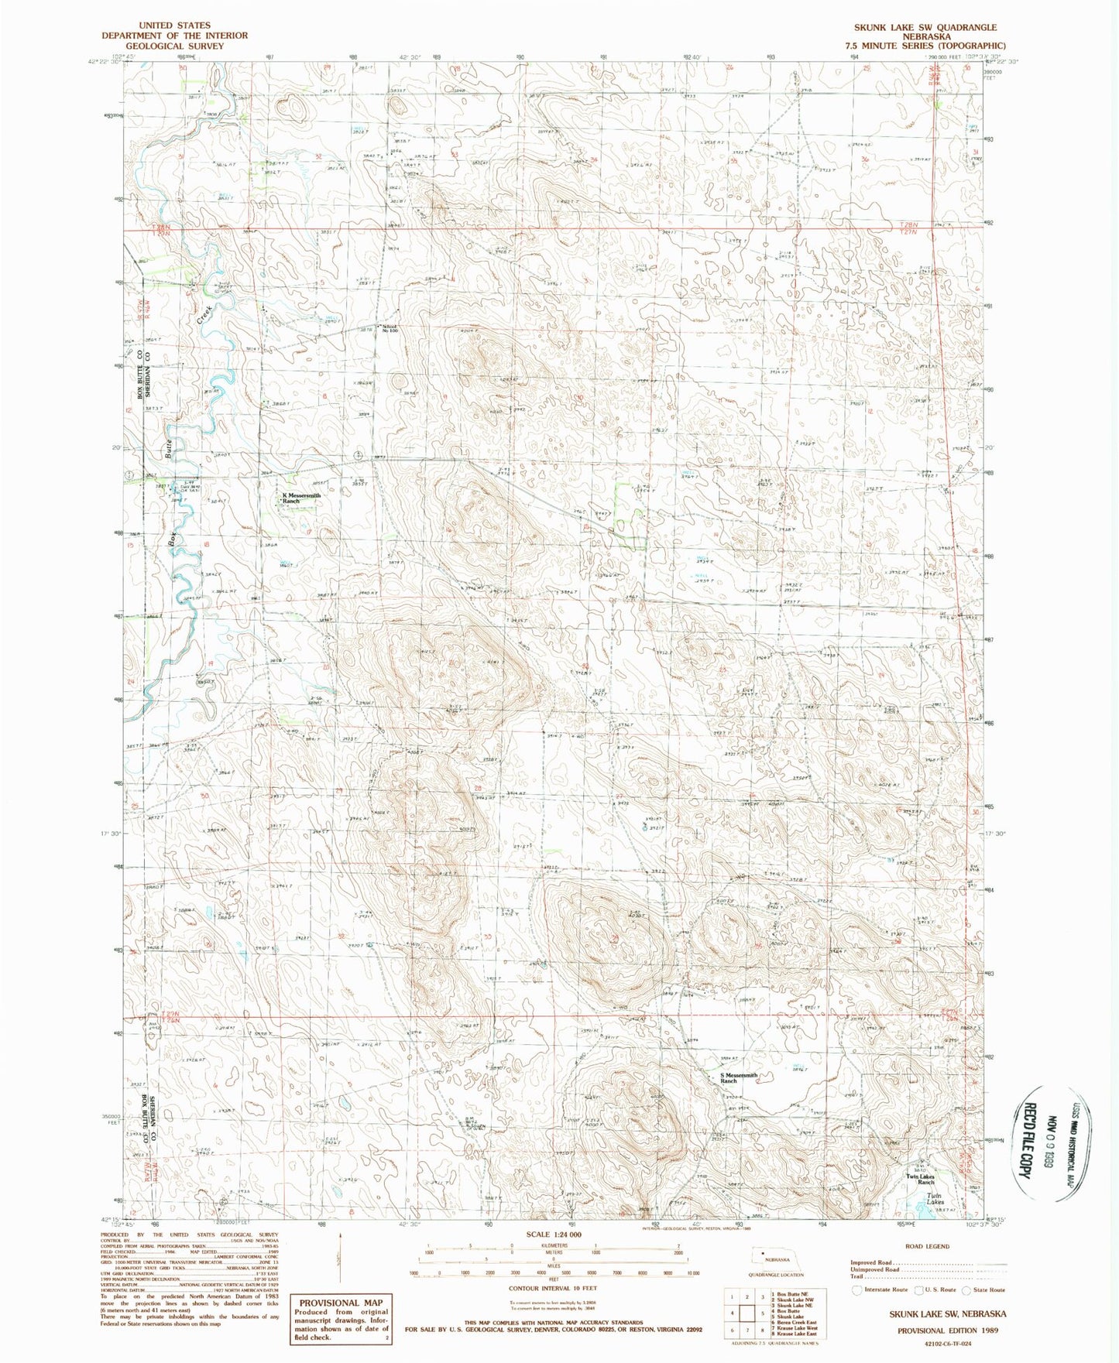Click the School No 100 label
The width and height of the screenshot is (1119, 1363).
[389, 328]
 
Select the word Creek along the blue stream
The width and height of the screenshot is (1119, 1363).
[204, 313]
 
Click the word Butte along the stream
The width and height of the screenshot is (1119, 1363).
[167, 447]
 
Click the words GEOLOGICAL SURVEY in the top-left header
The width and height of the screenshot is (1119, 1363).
[174, 46]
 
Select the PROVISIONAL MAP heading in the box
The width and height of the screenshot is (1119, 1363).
[341, 1302]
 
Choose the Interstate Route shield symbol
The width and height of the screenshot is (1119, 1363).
[856, 1289]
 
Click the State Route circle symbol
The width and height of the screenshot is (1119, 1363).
[966, 1289]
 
